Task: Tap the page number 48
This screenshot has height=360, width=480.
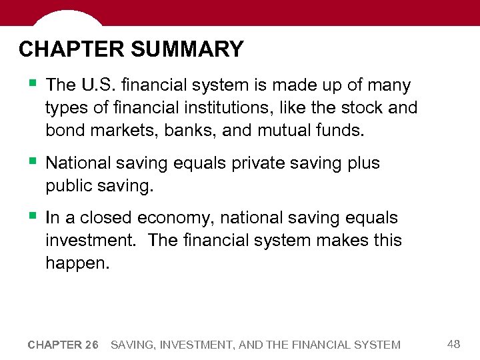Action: (454, 344)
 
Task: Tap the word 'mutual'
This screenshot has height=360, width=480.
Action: (284, 130)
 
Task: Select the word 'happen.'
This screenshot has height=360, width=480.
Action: (76, 264)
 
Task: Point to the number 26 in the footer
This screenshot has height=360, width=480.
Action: (91, 345)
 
